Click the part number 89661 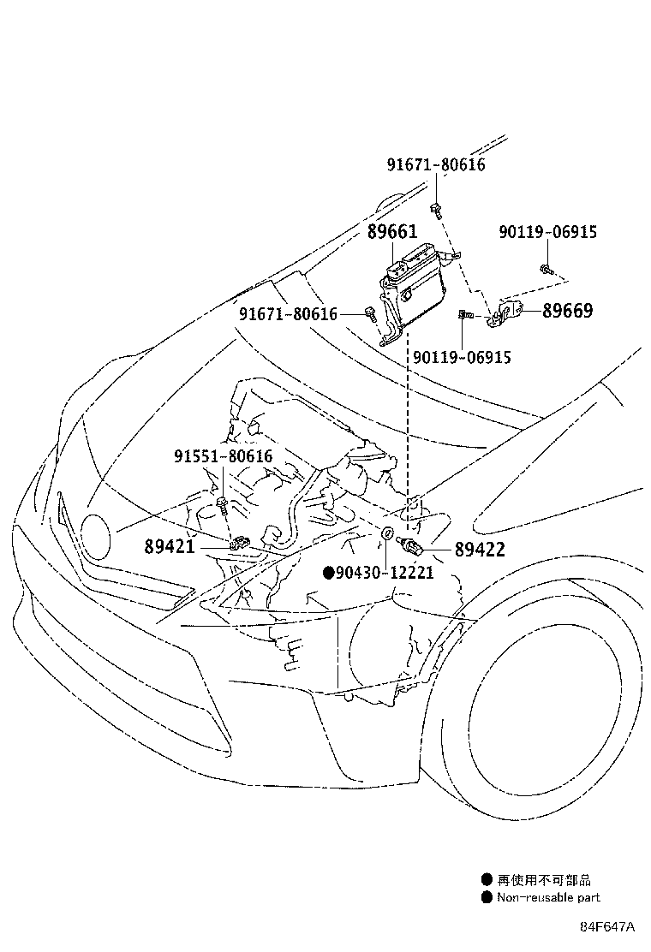point(391,232)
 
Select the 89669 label point(566,310)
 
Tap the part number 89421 point(170,544)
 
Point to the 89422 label point(479,550)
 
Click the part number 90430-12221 point(385,572)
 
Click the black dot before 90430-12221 point(327,572)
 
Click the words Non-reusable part point(548,897)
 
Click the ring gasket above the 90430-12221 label point(387,535)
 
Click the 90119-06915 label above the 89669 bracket point(548,232)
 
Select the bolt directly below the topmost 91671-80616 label point(437,206)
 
